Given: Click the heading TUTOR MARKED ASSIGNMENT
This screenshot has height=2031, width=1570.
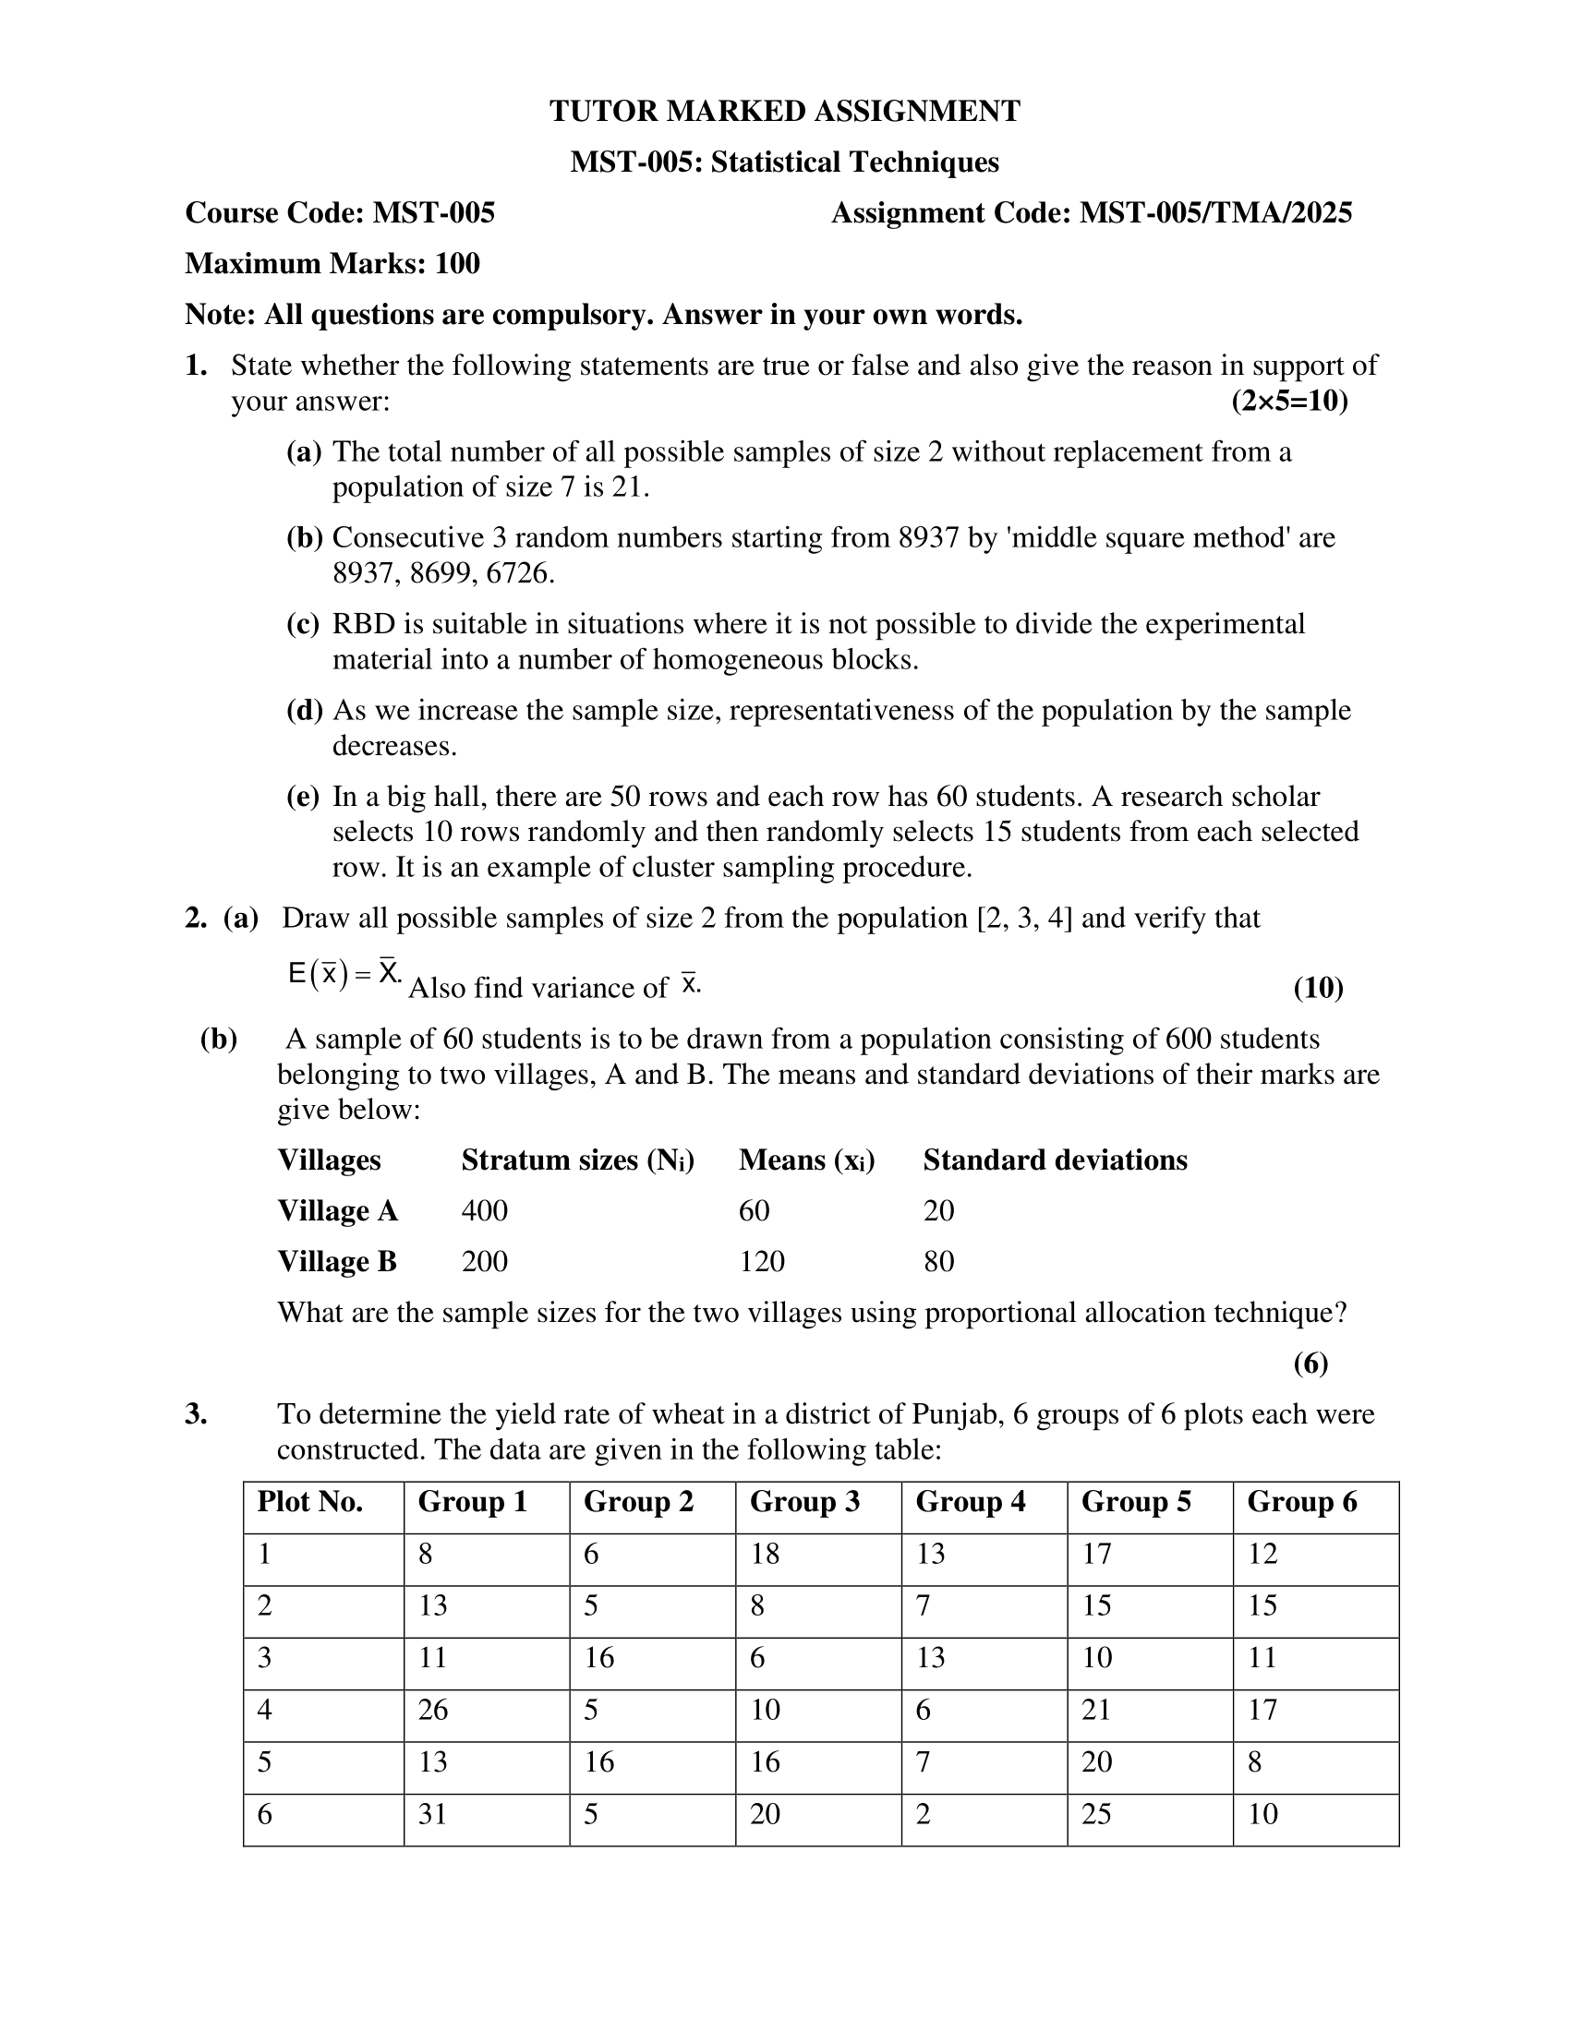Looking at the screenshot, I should click(x=784, y=112).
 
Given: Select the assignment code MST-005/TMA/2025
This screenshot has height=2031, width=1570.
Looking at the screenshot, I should click(x=1214, y=213).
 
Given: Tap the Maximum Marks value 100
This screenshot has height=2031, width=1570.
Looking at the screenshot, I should click(x=456, y=264).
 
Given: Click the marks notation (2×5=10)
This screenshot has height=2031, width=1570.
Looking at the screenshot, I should click(x=1289, y=402).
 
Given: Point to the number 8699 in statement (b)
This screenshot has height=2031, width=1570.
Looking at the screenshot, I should click(x=441, y=574).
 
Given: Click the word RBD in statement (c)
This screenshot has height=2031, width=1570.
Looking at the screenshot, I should click(x=363, y=624).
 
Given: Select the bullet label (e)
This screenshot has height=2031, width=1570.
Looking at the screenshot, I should click(x=303, y=797).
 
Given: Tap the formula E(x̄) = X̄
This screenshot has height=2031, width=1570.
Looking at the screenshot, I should click(x=344, y=974).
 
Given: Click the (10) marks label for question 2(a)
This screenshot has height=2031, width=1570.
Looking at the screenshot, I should click(x=1318, y=988).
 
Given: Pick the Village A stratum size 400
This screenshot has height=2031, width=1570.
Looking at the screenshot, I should click(x=485, y=1211).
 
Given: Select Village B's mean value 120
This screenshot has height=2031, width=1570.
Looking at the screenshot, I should click(x=762, y=1262).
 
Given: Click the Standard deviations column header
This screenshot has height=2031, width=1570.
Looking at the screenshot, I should click(x=1055, y=1160).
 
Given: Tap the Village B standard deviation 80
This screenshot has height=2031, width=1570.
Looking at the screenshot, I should click(x=938, y=1262).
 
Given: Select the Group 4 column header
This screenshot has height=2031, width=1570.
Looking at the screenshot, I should click(x=970, y=1502).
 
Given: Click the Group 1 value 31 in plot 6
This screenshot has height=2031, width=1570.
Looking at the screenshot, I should click(x=432, y=1814).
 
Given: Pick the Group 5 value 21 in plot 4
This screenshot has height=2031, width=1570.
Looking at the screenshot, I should click(x=1095, y=1710).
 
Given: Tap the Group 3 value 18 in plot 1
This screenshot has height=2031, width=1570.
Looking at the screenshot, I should click(x=765, y=1554).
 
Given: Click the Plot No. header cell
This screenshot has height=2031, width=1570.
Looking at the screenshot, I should click(x=309, y=1502).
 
